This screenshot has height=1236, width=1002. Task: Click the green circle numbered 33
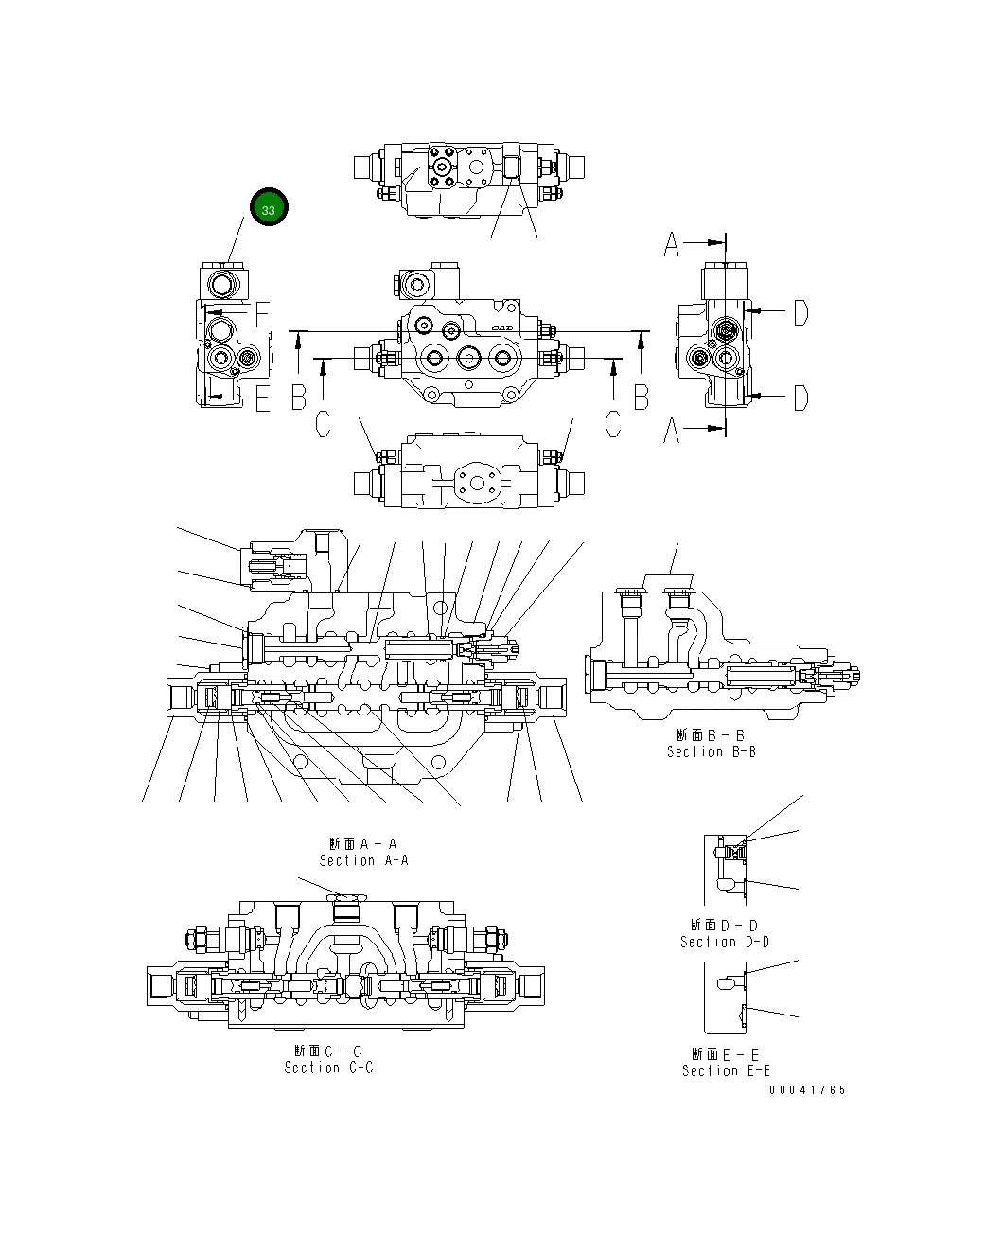pos(269,207)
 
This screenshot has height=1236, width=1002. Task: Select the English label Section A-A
pos(363,860)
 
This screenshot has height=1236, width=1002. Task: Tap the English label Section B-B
pos(711,751)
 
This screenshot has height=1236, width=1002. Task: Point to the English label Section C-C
pos(328,1068)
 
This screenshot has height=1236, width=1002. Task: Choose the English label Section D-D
pos(725,942)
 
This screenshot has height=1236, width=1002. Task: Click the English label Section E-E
pos(726,1070)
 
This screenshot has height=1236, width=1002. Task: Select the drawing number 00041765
pos(807,1090)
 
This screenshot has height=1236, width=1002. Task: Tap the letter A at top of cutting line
pos(672,244)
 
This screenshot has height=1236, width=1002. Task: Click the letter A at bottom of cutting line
pos(672,431)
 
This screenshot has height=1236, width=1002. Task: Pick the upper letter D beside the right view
pos(800,312)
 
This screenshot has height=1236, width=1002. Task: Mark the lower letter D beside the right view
pos(800,398)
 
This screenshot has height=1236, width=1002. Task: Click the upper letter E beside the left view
pos(262,314)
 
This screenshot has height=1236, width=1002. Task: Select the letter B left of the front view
pos(299,397)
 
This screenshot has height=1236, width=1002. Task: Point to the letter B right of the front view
pos(642,397)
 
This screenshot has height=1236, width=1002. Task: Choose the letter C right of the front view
pos(613,425)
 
